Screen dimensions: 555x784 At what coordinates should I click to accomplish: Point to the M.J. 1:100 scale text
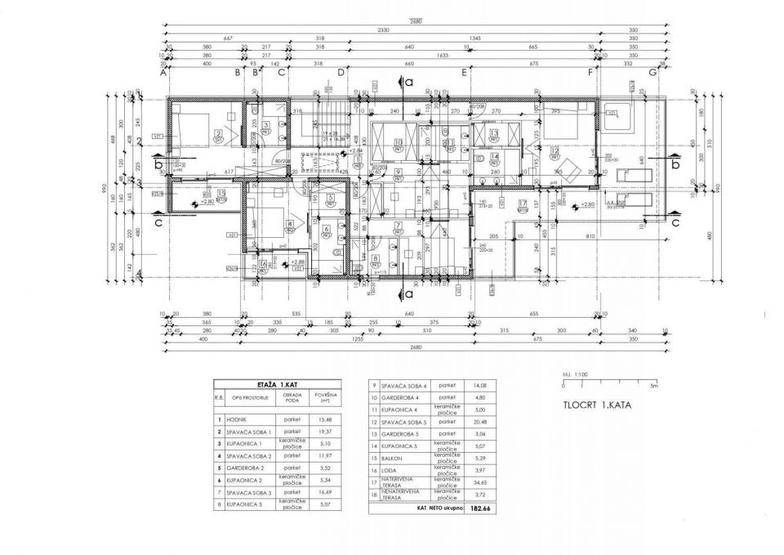pyautogui.click(x=573, y=374)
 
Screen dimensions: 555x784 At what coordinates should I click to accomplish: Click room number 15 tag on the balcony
pyautogui.click(x=222, y=194)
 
